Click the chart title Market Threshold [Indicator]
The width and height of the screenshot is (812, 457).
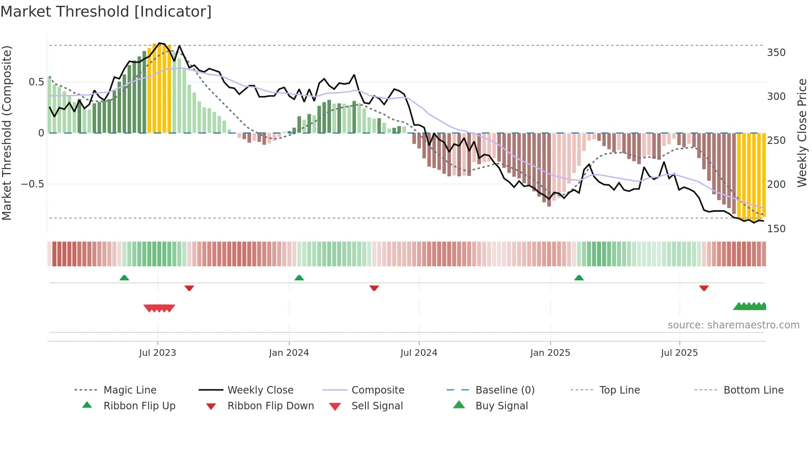106,12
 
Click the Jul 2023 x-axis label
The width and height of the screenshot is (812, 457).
157,353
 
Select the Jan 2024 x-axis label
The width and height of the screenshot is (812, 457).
289,353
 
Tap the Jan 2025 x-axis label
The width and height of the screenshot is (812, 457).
550,353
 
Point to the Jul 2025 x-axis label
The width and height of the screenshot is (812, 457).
679,353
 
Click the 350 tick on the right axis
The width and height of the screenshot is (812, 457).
776,53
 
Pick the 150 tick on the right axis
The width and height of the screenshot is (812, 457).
776,229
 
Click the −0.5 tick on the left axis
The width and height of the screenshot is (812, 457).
33,184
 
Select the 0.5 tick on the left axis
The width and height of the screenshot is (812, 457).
36,82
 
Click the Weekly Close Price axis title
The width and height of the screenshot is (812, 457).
802,133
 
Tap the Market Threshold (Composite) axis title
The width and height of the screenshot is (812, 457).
7,133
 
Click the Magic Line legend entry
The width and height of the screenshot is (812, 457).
130,390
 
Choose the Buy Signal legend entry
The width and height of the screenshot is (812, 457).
501,406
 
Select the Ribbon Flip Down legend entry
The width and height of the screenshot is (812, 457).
270,406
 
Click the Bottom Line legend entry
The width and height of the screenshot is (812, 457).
753,390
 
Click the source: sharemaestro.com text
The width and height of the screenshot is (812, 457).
733,325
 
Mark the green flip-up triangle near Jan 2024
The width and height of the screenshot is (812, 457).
299,278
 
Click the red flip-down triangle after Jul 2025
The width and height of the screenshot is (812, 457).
704,288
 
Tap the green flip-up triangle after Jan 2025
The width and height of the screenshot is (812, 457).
579,278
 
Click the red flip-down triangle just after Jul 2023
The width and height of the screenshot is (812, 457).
189,288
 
